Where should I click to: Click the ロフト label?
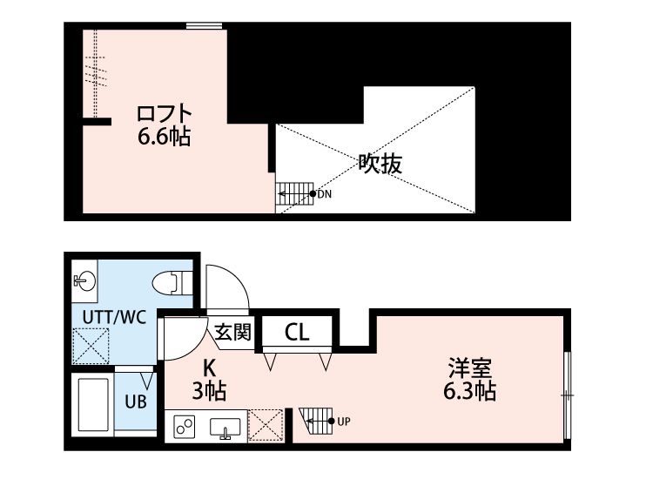point(164,114)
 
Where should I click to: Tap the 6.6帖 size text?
point(164,137)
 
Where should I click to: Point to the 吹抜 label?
point(380,164)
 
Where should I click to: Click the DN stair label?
point(324,194)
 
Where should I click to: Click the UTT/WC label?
point(113,317)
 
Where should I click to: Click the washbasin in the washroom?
point(84,280)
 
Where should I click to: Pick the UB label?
point(134,402)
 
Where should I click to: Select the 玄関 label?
point(233,332)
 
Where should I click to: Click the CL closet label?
point(296,332)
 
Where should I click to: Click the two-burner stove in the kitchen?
point(184,425)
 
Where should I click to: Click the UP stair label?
point(343,422)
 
